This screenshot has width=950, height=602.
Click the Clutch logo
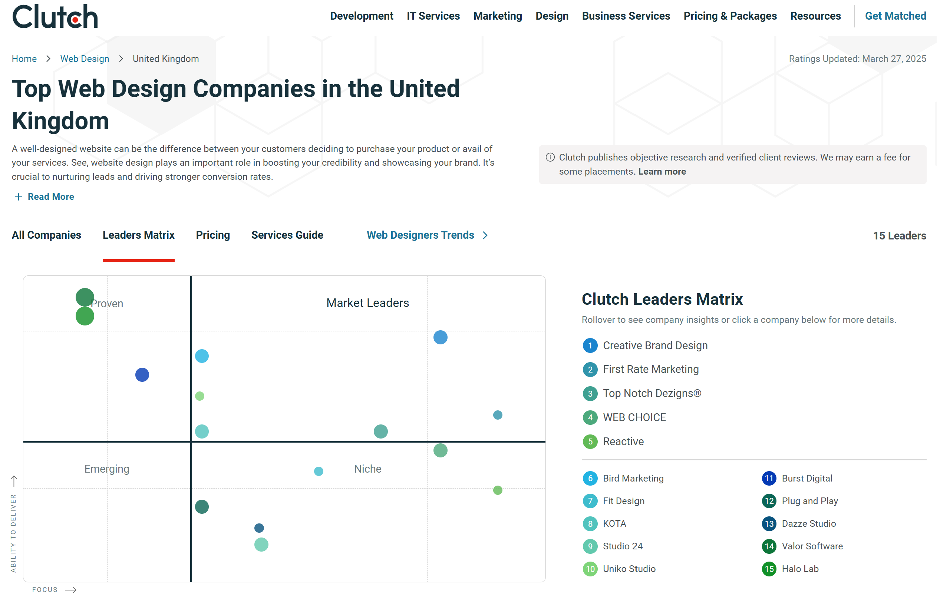coord(55,17)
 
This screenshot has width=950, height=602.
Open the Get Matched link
coord(895,16)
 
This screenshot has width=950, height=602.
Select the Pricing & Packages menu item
coord(730,16)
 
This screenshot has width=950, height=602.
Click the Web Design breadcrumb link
coord(85,59)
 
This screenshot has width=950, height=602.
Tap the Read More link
coord(50,196)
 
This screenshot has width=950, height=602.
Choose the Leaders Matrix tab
coord(138,235)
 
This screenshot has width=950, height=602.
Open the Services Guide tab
coord(287,235)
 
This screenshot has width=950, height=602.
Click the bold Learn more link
coord(662,172)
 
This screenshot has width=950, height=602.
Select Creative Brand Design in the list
coord(655,345)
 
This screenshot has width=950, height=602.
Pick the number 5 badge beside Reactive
coord(590,441)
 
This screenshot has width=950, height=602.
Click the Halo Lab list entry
coord(800,569)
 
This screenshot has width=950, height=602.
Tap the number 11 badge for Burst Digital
coord(769,479)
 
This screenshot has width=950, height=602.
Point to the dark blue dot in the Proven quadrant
coord(142,375)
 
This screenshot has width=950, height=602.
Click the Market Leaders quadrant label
coord(367,303)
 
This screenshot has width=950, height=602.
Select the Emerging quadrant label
coord(106,469)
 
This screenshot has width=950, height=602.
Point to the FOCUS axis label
coord(45,590)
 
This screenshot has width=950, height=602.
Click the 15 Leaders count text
coord(899,236)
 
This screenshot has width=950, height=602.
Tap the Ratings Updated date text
coord(857,59)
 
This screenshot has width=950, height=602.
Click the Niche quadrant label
coord(367,469)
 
